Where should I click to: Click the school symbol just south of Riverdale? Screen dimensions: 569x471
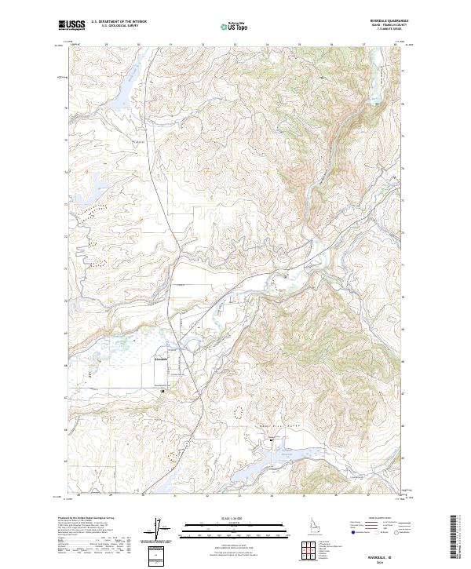[162, 390]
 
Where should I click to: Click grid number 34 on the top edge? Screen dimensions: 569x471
[268, 45]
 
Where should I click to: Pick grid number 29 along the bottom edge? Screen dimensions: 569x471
[111, 495]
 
